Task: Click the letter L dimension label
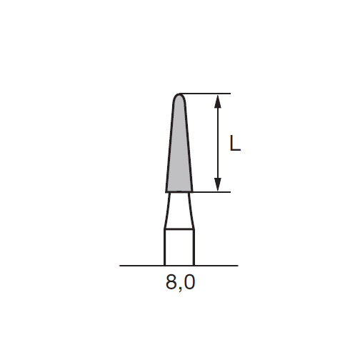coord(235,144)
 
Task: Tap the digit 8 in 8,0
coord(172,284)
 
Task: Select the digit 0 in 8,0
coord(189,284)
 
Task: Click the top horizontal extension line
coord(207,94)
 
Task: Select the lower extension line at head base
coord(211,191)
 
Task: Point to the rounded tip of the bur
coord(179,95)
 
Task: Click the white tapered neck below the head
coord(179,211)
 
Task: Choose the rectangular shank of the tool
coord(179,247)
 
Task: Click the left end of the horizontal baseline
coord(121,266)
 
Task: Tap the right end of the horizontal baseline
coord(237,266)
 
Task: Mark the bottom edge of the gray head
coord(179,192)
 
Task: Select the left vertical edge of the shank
coord(165,247)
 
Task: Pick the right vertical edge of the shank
coord(194,247)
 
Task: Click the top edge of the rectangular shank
coord(179,229)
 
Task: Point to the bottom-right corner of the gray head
coord(193,191)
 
